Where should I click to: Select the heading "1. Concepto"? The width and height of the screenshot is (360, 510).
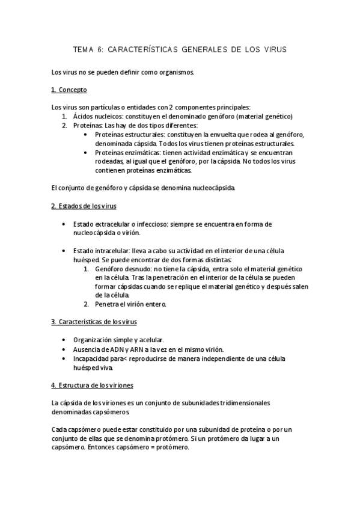tap(69, 90)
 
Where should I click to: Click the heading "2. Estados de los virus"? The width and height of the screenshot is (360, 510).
tap(84, 207)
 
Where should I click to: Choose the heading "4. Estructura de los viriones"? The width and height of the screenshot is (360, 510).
tap(93, 384)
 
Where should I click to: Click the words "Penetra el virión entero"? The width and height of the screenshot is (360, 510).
tap(130, 304)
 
